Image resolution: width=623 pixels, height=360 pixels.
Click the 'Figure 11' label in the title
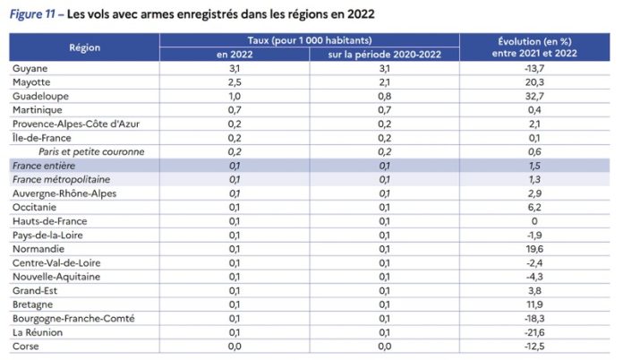(31, 15)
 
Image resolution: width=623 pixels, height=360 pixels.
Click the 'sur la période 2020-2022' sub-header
(384, 55)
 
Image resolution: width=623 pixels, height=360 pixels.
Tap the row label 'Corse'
(27, 346)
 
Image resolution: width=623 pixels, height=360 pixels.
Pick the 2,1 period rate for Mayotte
(384, 82)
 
